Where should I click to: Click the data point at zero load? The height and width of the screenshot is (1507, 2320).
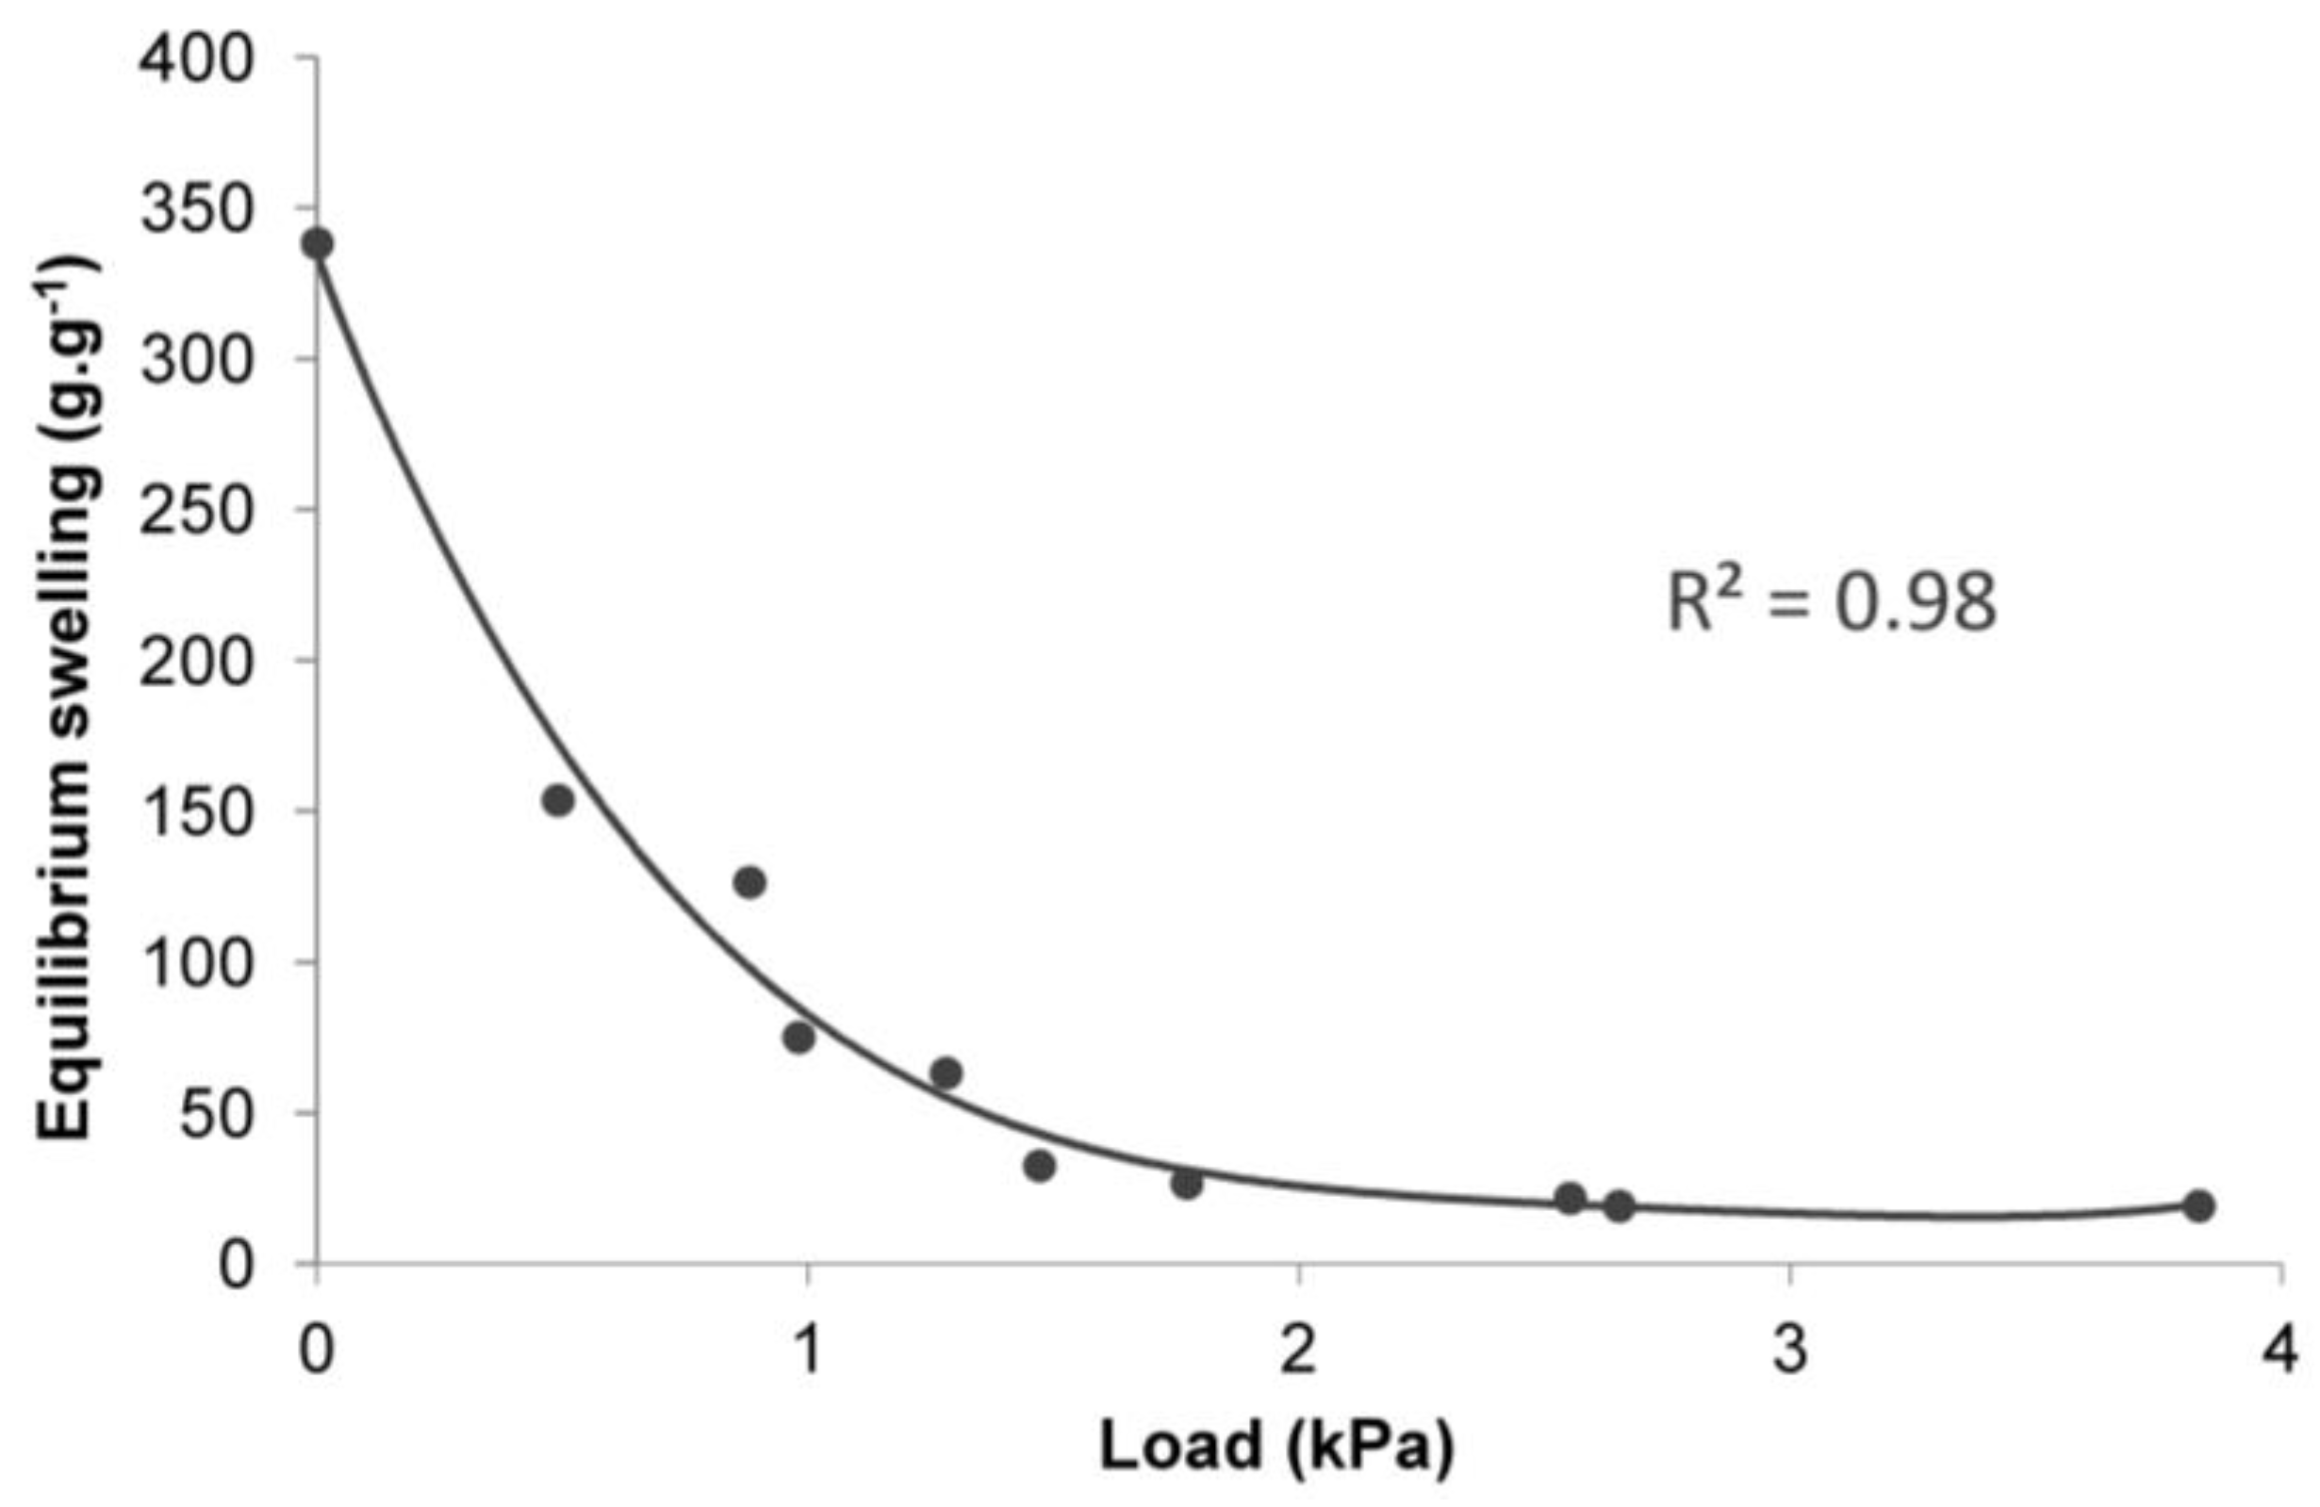pos(318,244)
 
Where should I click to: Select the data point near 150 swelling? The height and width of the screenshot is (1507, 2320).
pos(557,800)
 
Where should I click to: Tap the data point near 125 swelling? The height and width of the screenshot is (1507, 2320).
pos(749,883)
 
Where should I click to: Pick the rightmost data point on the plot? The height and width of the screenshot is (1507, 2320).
pos(2198,1205)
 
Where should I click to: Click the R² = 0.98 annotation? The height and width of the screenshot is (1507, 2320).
pos(1832,602)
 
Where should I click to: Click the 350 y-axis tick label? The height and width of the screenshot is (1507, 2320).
pos(197,211)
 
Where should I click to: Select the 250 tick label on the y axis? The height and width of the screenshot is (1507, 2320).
pos(197,512)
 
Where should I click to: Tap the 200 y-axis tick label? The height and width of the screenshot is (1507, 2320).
pos(197,663)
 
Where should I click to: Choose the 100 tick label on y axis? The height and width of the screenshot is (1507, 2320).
pos(197,964)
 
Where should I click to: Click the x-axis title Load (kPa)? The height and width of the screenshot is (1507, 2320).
pos(1277,1445)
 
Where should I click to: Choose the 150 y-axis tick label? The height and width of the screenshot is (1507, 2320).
pos(197,813)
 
